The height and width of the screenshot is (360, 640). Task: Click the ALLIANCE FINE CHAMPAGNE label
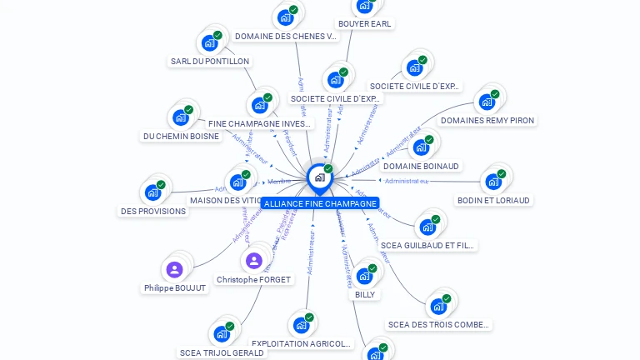coord(320,203)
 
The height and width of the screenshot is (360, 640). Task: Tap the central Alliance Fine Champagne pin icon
coord(319,177)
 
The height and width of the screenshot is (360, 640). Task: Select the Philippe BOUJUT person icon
coord(174,269)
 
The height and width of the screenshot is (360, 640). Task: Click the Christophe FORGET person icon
coord(254,261)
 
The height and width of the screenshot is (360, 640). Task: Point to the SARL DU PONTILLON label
coord(210,61)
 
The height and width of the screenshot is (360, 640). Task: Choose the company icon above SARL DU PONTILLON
coord(209,42)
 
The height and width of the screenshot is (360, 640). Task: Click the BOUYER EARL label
coord(364,24)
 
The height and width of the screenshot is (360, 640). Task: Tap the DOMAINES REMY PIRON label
coord(487,121)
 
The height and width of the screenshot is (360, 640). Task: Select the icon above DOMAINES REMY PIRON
coord(487,102)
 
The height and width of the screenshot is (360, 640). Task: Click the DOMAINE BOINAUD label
coord(421,167)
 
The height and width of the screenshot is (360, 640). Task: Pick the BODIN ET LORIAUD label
coord(494,200)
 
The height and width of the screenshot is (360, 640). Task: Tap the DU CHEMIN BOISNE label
coord(181,136)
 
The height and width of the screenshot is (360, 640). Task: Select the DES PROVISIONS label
coord(153,211)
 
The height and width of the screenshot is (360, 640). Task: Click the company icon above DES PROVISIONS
coord(152,192)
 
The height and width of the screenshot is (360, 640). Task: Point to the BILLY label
coord(365,294)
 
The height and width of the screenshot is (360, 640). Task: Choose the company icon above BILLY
coord(364,276)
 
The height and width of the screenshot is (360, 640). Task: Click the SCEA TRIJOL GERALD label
coord(222,352)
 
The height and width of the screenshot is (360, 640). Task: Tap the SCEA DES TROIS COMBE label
coord(439,325)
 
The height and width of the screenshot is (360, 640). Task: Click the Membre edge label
coord(279,182)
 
